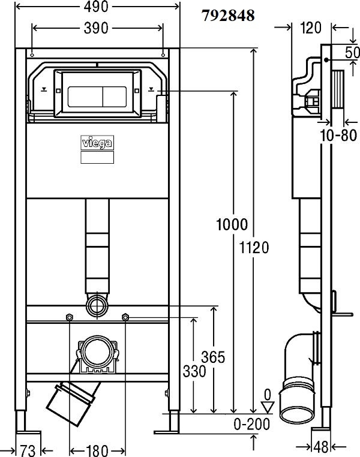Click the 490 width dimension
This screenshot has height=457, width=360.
[x=96, y=7]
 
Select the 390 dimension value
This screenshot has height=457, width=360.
[x=96, y=28]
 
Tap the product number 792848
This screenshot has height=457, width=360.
[x=229, y=16]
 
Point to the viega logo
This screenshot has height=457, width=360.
[x=97, y=143]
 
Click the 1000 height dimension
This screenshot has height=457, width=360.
[x=232, y=224]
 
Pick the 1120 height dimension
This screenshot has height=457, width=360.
[x=254, y=248]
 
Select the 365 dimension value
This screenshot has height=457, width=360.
[x=214, y=357]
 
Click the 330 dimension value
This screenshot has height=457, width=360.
[x=194, y=372]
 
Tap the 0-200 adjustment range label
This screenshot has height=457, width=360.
[x=252, y=425]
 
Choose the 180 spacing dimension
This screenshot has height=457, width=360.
[x=97, y=450]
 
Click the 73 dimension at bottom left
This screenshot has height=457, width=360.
[x=28, y=450]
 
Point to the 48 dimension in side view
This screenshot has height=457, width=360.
[x=321, y=447]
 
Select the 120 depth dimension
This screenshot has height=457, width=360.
[x=311, y=28]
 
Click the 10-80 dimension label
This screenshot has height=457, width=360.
[x=338, y=136]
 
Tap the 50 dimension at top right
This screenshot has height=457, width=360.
[x=352, y=52]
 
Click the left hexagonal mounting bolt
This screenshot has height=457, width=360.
[x=70, y=317]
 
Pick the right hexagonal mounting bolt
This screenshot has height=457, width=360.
[x=125, y=317]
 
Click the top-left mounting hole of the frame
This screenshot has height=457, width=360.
[x=32, y=55]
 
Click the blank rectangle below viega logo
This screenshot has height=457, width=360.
[x=97, y=157]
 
